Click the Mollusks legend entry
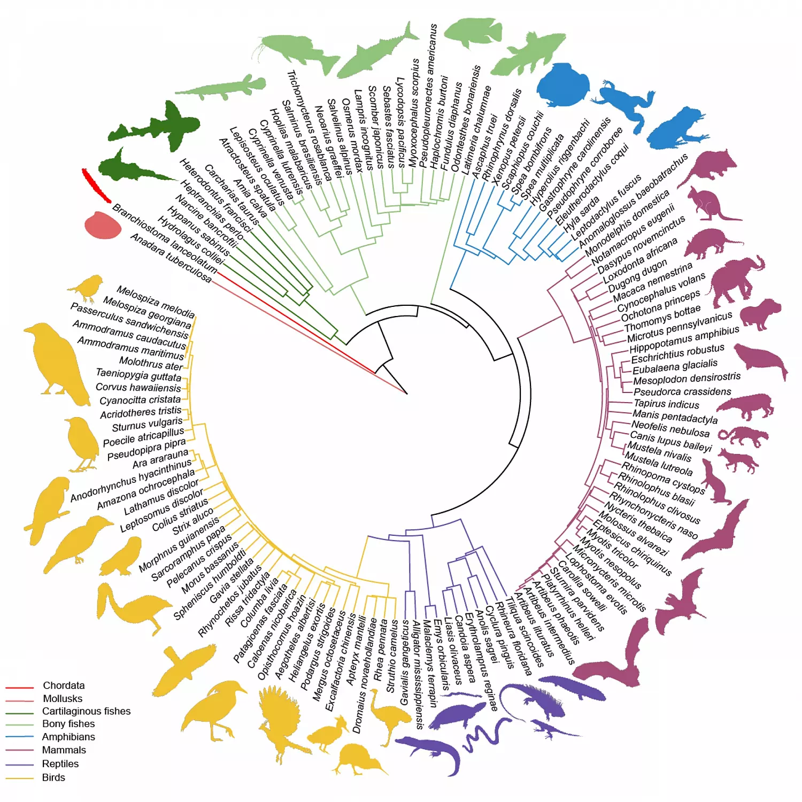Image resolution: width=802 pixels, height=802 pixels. [x=62, y=698]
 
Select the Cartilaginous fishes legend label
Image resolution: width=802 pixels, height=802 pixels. [x=86, y=711]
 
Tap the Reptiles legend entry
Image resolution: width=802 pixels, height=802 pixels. [x=60, y=764]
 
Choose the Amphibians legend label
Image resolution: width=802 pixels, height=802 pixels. [x=68, y=737]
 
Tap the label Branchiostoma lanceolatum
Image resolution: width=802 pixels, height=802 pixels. [x=165, y=238]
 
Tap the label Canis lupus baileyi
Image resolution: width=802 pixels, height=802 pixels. [x=670, y=442]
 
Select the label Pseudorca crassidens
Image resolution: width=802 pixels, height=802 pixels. [x=682, y=391]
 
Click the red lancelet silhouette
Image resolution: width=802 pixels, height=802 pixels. [x=96, y=185]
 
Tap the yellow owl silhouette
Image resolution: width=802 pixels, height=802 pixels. [x=122, y=557]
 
